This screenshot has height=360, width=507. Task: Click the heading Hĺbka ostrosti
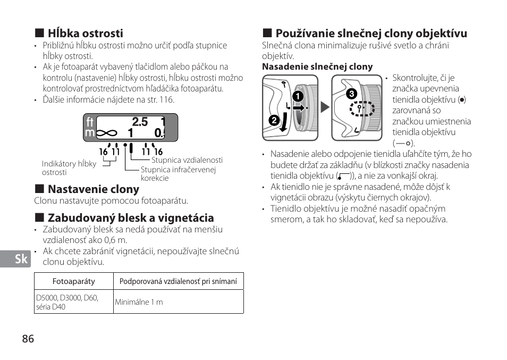[85, 34]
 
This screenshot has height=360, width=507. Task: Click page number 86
[28, 339]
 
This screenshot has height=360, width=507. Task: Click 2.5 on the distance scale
[140, 122]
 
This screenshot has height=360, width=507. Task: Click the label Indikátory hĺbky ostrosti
[69, 168]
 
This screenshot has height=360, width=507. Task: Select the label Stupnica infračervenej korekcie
[178, 174]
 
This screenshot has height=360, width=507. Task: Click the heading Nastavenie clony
[93, 189]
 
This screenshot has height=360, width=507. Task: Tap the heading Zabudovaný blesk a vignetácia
[130, 218]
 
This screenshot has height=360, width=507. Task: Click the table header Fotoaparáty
[74, 282]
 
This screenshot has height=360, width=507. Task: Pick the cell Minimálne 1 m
[139, 302]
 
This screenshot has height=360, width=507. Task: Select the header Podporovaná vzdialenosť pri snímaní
[178, 282]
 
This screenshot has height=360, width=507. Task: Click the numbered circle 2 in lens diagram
[274, 120]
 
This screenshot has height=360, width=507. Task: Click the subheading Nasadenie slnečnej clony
[317, 67]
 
